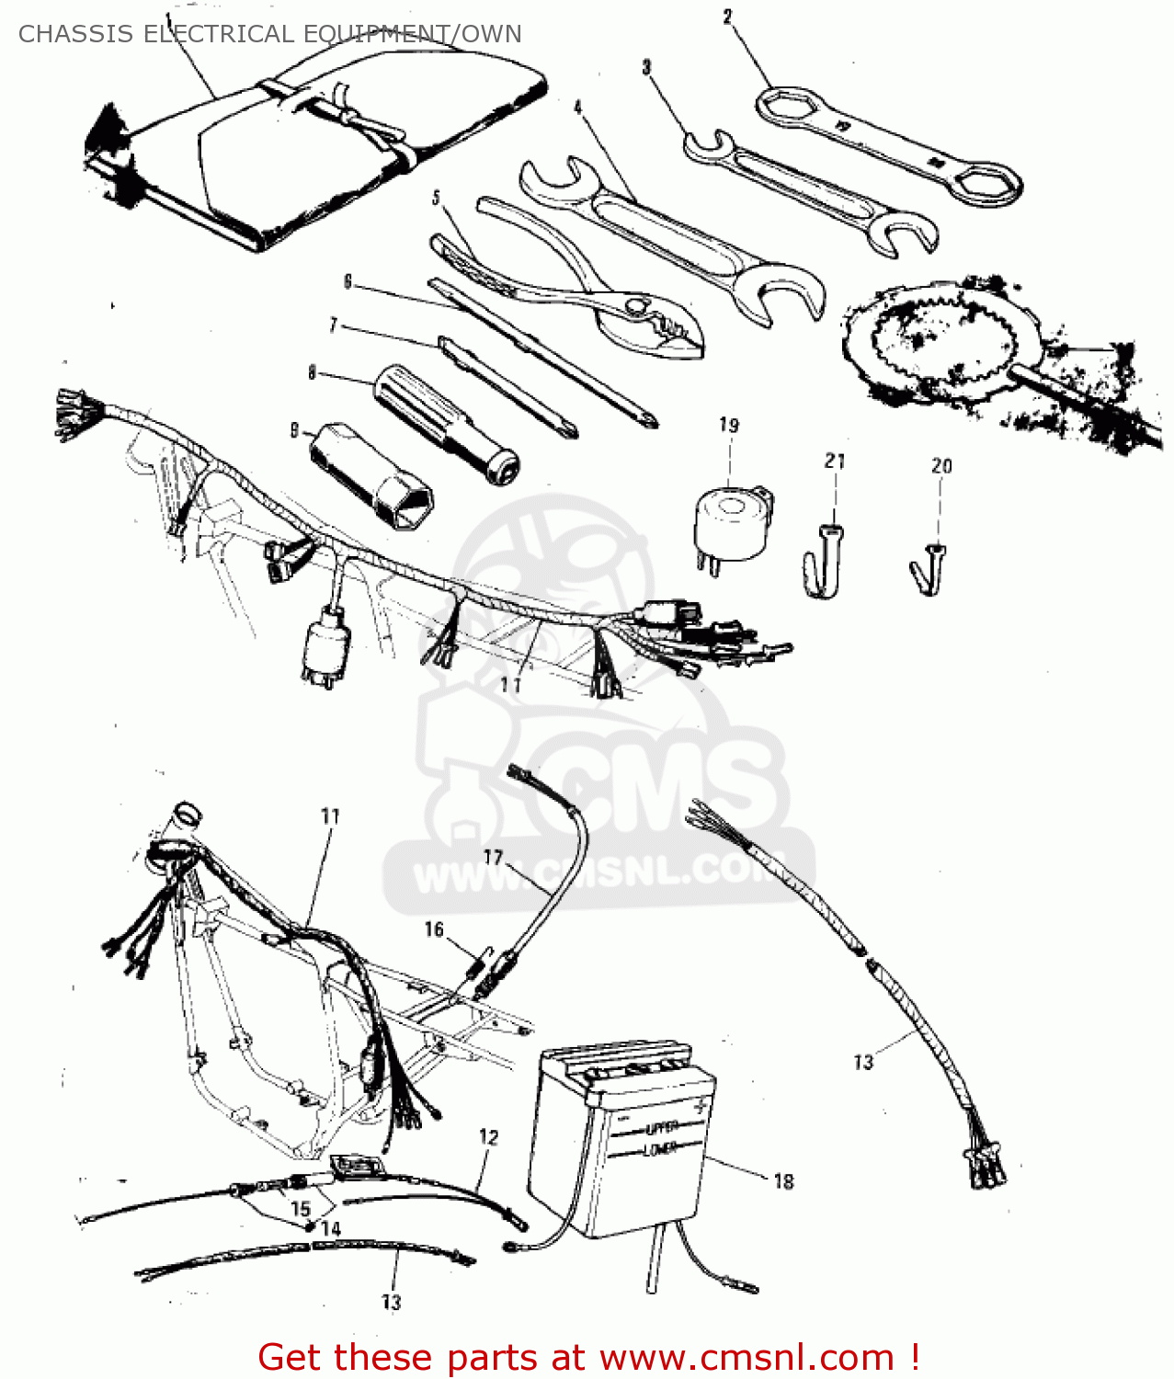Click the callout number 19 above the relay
728,425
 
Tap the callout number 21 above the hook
834,461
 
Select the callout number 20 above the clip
941,466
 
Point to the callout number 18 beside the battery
783,1181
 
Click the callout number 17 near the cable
494,858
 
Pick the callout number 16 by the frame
434,929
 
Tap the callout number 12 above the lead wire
488,1137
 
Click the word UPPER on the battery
661,1128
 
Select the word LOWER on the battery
659,1149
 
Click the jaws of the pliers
662,326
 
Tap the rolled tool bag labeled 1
303,147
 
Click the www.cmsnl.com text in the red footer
747,1357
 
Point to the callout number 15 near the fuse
301,1208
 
